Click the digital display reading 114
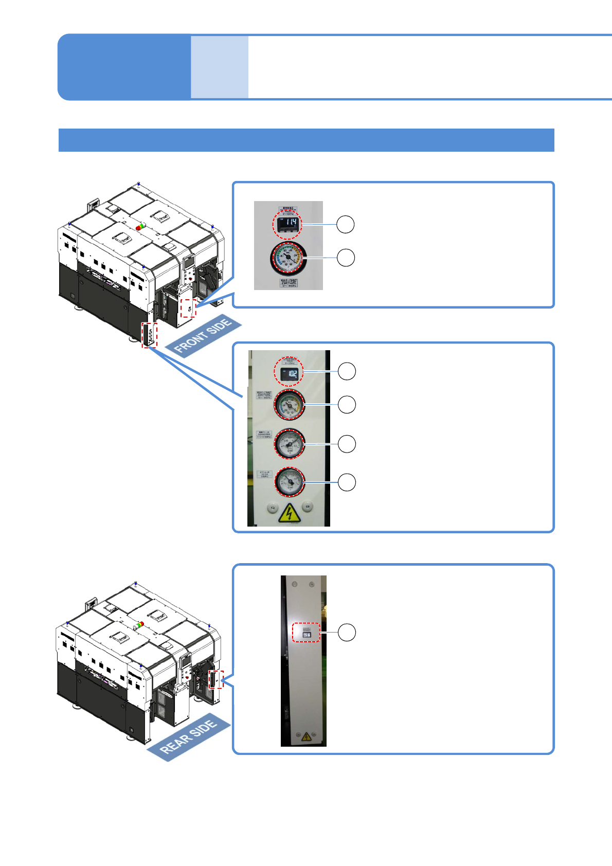point(287,224)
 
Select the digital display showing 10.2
point(289,374)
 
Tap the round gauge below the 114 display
point(287,258)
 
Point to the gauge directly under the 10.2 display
point(290,405)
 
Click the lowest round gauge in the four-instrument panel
point(290,482)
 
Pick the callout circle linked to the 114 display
point(346,224)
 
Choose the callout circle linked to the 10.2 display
point(347,371)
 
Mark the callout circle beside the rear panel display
point(347,633)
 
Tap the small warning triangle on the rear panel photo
point(306,737)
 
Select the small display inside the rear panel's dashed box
point(307,636)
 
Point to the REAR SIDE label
point(188,737)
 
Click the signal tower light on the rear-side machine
point(138,624)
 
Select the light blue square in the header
point(220,67)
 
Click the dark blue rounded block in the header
point(124,67)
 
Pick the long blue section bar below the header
point(307,140)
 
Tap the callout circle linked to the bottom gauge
point(347,482)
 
